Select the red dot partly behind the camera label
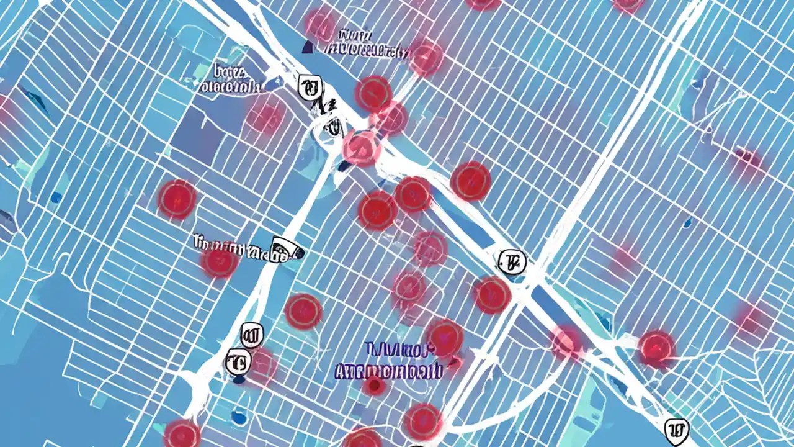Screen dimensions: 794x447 pyautogui.click(x=219, y=261)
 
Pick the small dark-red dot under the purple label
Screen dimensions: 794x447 pyautogui.click(x=373, y=387)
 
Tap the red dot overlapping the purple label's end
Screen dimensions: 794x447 pyautogui.click(x=444, y=338)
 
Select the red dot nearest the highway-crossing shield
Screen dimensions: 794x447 pyautogui.click(x=492, y=294)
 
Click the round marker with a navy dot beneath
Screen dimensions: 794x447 pyautogui.click(x=238, y=360)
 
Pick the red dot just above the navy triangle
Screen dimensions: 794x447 pyautogui.click(x=321, y=24)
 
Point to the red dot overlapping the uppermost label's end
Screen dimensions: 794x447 pyautogui.click(x=426, y=58)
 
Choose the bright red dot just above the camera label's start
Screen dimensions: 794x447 pyautogui.click(x=177, y=199)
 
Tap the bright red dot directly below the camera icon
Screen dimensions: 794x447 pyautogui.click(x=303, y=310)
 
